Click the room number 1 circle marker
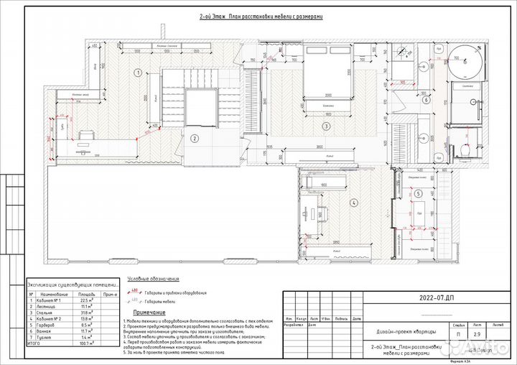(x=137, y=72)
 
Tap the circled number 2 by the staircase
(x=194, y=139)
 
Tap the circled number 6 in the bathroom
(x=426, y=100)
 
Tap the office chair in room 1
(x=85, y=135)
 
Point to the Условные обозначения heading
(x=152, y=277)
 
